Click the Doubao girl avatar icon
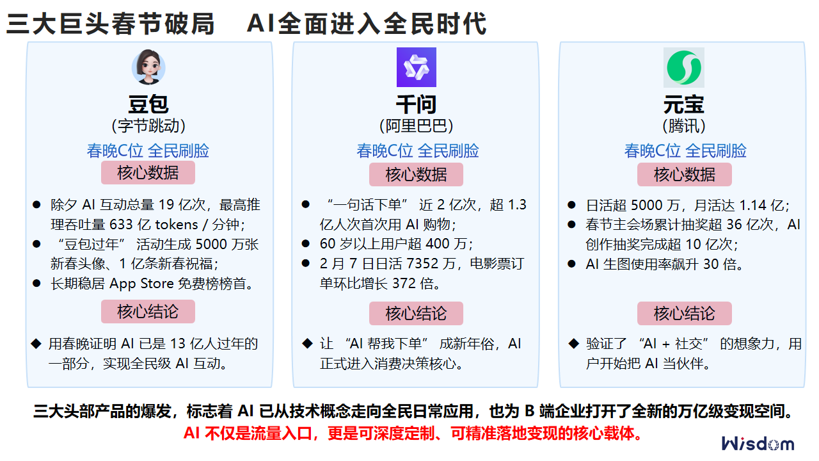[x=148, y=67]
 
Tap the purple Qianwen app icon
[x=416, y=67]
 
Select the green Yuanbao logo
[x=683, y=67]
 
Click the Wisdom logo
[x=758, y=444]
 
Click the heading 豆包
[x=148, y=104]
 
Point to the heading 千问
[x=416, y=104]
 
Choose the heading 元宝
[x=683, y=104]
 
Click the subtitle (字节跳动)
[x=148, y=125]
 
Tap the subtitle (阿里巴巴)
[x=416, y=125]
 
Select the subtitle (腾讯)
[x=683, y=125]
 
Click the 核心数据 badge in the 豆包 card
[x=148, y=173]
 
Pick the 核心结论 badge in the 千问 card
[x=416, y=314]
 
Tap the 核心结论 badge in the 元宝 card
[x=684, y=314]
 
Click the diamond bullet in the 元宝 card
[x=573, y=344]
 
